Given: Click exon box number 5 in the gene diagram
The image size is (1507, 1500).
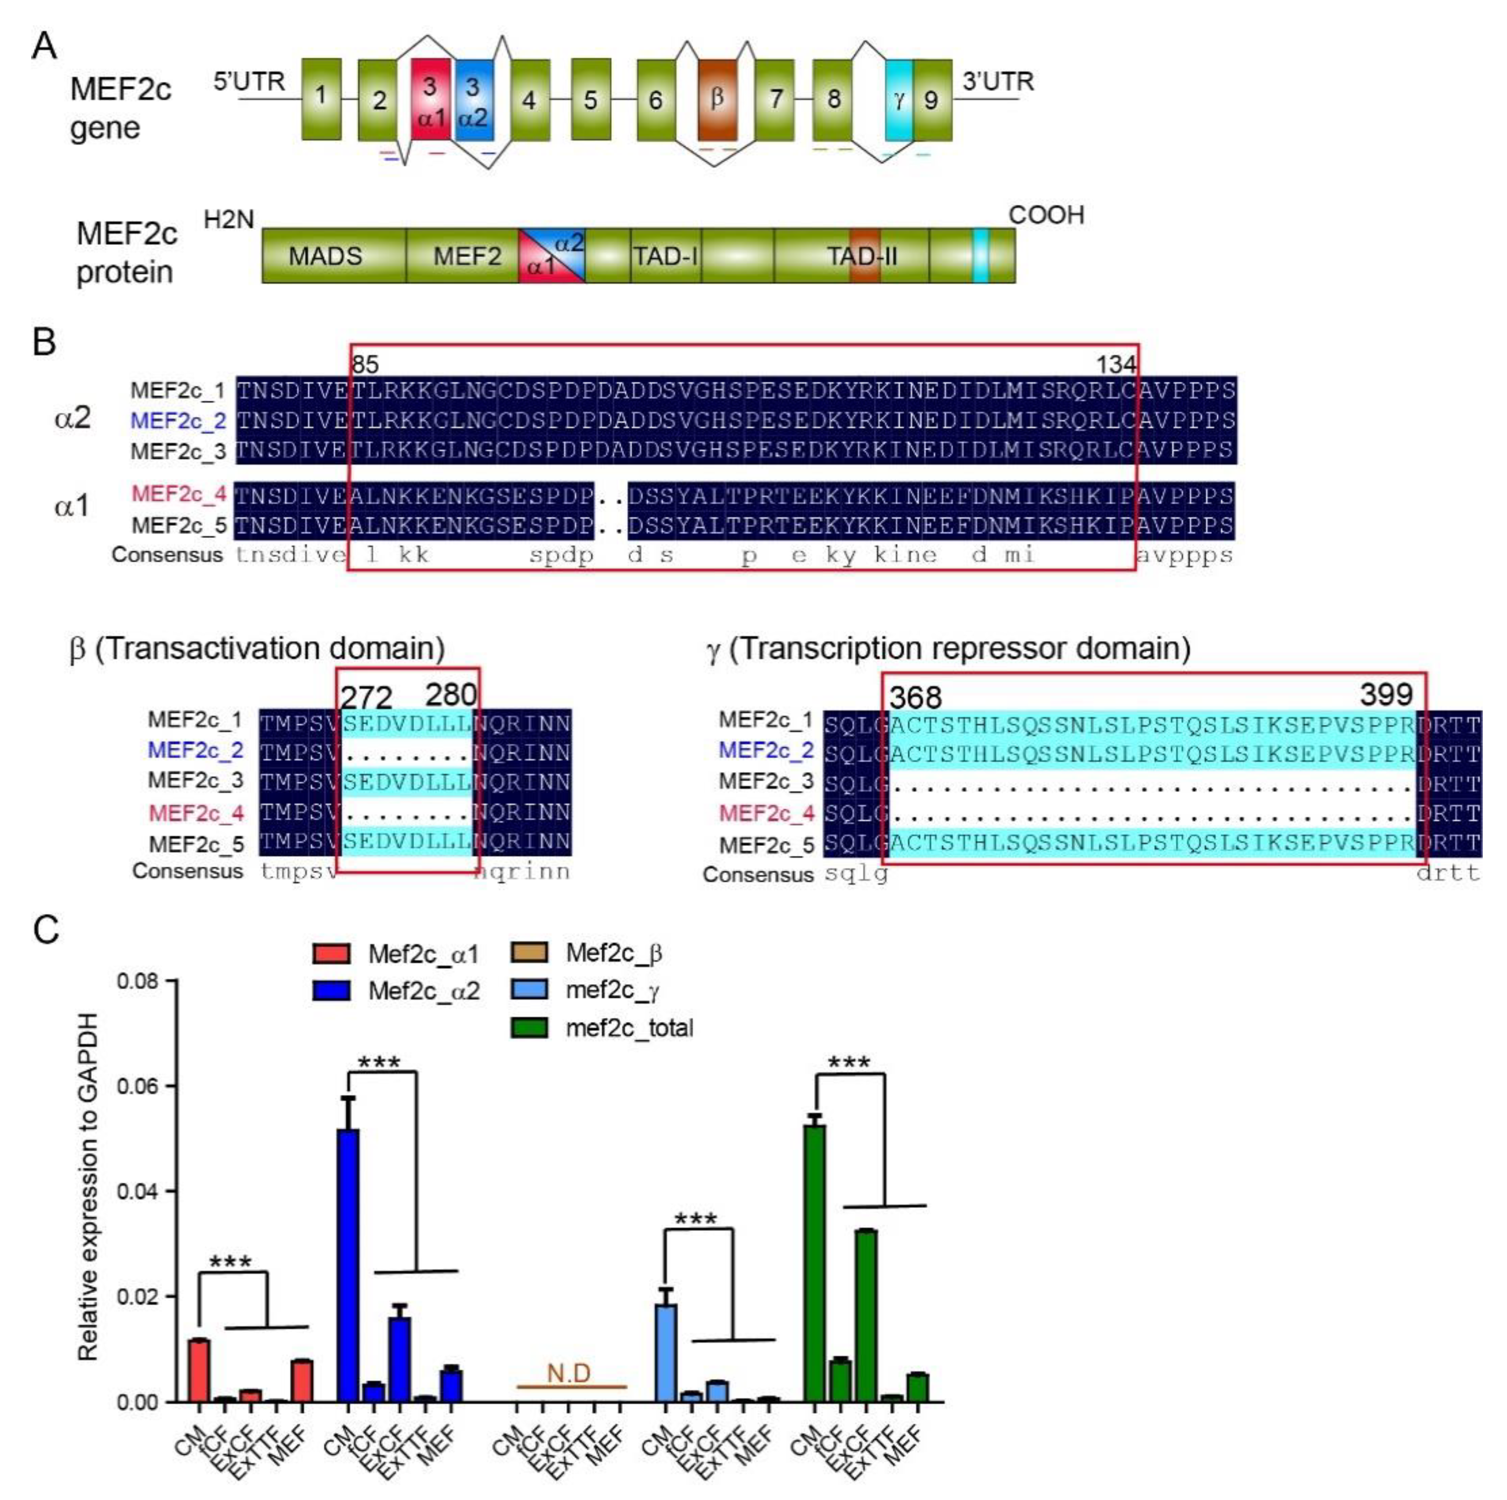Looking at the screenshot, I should pos(591,99).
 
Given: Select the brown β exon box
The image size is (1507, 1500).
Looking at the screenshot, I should pos(717,99).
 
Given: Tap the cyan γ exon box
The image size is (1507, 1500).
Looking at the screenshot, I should pos(899,99).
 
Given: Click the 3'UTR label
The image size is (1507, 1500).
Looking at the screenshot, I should pos(998,81).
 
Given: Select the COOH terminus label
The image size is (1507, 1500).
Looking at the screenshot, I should pos(1046,215).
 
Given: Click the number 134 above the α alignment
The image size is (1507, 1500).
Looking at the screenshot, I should pos(1115,364).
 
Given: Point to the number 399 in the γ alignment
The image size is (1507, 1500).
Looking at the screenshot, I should pos(1386,693).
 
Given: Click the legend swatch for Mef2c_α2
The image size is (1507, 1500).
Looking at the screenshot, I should pos(331,991).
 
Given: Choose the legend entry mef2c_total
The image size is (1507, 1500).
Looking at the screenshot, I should pos(629,1027).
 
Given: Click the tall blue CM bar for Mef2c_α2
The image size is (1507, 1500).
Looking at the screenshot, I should pos(348,1263).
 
